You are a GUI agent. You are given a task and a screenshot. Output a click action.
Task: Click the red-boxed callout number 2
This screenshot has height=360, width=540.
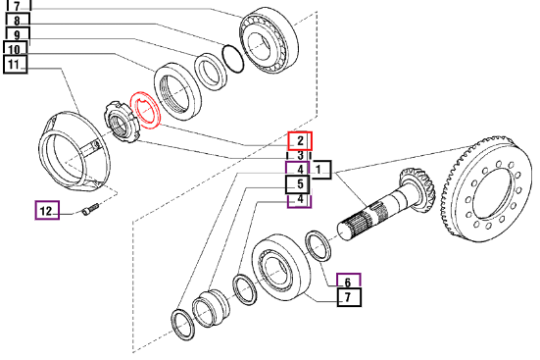pos(300,140)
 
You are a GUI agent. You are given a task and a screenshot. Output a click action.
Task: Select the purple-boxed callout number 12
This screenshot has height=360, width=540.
pos(47,210)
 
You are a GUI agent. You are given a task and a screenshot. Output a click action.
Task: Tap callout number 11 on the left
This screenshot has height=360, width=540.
pos(15,65)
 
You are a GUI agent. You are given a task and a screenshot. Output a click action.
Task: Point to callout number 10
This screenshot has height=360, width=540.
pos(15,49)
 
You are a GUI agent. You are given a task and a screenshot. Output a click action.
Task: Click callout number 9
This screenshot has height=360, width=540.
pos(18,34)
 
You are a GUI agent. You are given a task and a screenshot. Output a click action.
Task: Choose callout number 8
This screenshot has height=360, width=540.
pos(18,21)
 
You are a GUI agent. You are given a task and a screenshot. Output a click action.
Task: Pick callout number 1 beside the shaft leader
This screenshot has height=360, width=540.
pos(319,170)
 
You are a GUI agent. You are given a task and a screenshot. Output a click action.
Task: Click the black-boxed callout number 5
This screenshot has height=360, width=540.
pos(299,184)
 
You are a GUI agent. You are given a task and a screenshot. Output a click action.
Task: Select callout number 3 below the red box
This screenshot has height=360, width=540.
pos(300,156)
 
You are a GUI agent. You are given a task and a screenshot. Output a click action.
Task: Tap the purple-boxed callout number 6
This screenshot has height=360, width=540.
pos(349,282)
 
